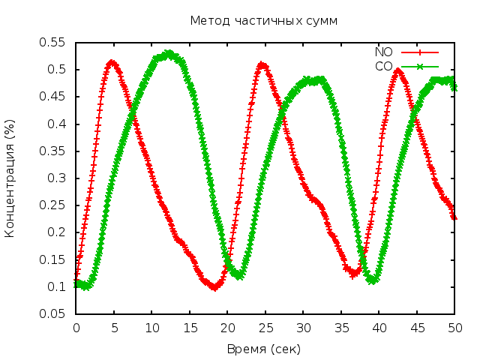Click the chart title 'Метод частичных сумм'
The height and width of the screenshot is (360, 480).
(263, 20)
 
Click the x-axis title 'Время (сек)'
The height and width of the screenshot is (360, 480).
(263, 349)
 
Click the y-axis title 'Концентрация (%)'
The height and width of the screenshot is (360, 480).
(10, 178)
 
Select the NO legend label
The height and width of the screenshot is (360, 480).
(383, 52)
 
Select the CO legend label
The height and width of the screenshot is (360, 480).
(383, 66)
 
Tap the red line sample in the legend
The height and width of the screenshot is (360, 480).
(420, 52)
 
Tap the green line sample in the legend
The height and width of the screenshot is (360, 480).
(420, 66)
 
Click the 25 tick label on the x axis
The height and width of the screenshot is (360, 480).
(265, 328)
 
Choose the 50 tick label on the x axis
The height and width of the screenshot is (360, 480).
(454, 328)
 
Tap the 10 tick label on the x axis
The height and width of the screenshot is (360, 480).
(151, 328)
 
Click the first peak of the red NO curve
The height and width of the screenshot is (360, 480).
(111, 63)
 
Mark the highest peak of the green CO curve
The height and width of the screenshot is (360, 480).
(169, 53)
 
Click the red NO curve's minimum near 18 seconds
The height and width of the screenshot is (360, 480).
(214, 287)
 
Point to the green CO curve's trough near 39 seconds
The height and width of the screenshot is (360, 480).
(372, 280)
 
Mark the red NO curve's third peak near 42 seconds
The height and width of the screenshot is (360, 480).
(398, 71)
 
